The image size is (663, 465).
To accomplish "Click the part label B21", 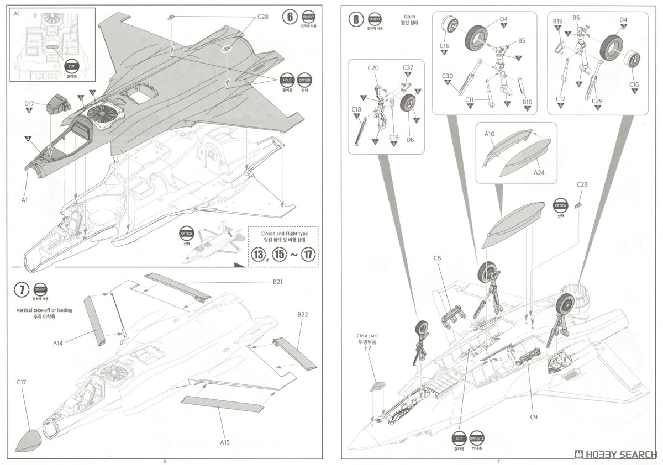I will [277, 282].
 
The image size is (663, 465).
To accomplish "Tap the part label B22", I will [302, 314].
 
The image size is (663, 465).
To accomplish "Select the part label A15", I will [225, 442].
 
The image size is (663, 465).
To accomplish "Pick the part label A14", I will [59, 343].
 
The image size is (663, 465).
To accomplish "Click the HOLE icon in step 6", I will [287, 80].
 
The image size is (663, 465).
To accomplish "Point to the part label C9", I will [533, 417].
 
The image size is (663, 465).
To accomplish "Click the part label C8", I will [437, 257].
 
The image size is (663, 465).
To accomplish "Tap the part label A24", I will [539, 173].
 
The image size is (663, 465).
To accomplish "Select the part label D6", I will [410, 140].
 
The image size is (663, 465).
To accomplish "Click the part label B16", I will [527, 102].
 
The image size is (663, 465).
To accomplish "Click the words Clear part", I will [367, 335].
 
